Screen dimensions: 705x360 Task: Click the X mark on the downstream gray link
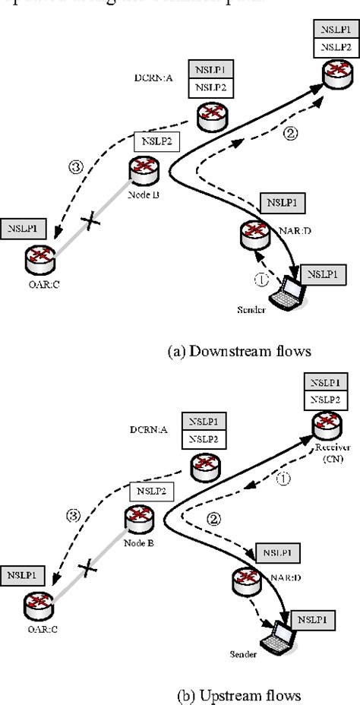pos(92,222)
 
